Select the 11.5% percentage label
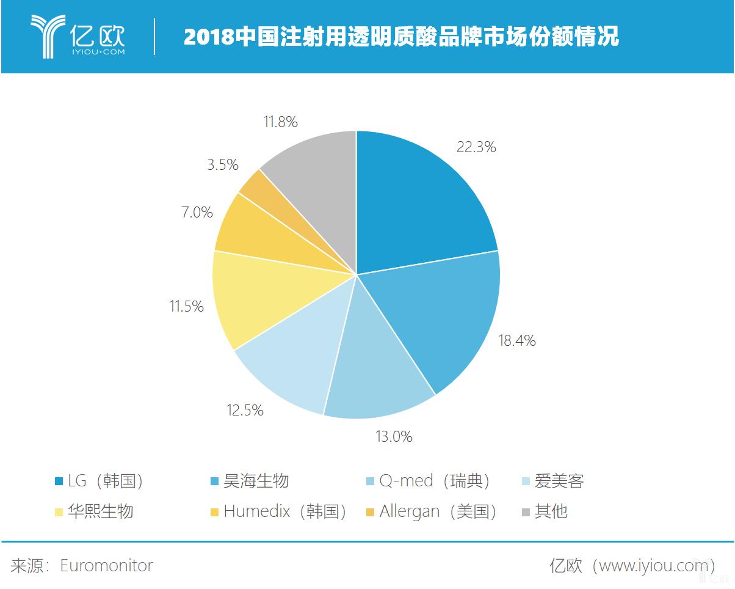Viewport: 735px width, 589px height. pos(186,306)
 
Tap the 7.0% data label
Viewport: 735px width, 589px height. pos(197,213)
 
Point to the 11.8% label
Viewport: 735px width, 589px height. pos(280,122)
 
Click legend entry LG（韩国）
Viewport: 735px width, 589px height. pos(101,481)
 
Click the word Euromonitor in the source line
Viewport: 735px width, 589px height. pos(106,565)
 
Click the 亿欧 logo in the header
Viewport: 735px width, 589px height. pos(78,37)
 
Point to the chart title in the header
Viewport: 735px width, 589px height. pos(401,37)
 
